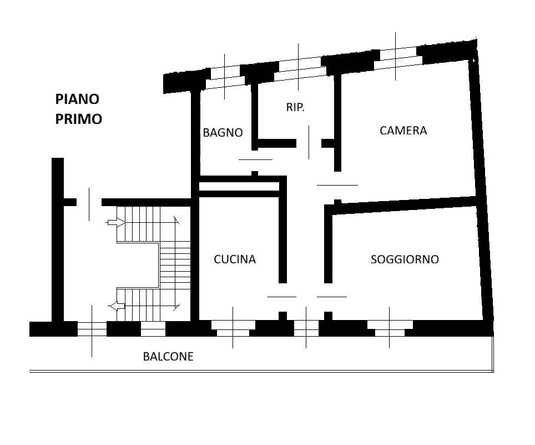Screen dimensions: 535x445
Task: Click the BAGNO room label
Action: tap(223, 133)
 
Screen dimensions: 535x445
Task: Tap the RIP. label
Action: tap(295, 107)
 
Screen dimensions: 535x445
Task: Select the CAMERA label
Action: tap(403, 131)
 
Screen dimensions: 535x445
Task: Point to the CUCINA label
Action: tap(235, 259)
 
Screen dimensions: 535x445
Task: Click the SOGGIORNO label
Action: tap(405, 259)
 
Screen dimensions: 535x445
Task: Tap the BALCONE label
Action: tap(168, 357)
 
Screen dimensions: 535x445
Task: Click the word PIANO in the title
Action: tap(77, 99)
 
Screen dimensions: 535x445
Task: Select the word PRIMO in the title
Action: tap(79, 119)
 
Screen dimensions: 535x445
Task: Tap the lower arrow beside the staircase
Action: tap(117, 306)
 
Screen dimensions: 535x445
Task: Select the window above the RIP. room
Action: tap(300, 68)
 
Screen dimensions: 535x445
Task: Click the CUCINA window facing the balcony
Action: tap(233, 328)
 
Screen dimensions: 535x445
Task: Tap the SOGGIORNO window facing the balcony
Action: tap(390, 328)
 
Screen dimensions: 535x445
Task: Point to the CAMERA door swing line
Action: tap(337, 185)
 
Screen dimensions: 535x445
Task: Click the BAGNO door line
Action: tap(255, 159)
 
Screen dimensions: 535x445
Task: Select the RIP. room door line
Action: tap(309, 142)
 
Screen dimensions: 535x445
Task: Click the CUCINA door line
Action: tap(282, 297)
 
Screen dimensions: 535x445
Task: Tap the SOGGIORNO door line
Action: tap(332, 297)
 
